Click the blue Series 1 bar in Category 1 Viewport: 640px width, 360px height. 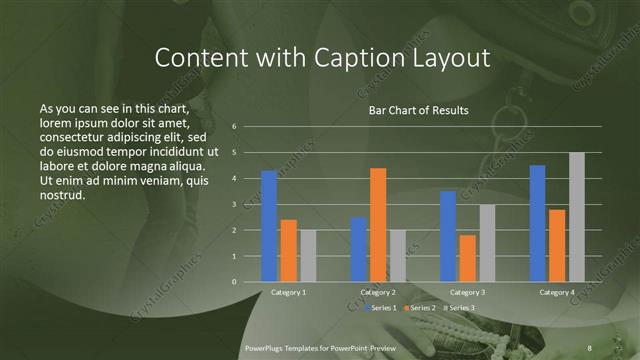(x=268, y=226)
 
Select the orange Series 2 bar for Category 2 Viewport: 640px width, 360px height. (x=378, y=225)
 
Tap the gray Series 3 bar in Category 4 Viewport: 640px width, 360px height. (x=577, y=217)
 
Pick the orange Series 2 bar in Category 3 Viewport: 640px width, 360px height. (x=468, y=258)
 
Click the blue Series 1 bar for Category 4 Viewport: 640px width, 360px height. (x=537, y=223)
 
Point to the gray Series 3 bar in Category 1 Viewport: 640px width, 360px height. (x=308, y=256)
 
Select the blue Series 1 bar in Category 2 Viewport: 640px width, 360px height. (x=358, y=249)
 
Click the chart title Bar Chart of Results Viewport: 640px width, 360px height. (x=412, y=110)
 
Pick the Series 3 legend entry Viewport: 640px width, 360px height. (x=460, y=308)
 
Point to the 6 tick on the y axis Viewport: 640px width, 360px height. (x=233, y=127)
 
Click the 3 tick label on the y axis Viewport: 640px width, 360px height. (x=233, y=205)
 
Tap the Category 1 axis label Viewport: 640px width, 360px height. (x=289, y=292)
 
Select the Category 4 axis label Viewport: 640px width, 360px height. (x=557, y=292)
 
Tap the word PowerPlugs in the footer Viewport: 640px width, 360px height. (x=268, y=346)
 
